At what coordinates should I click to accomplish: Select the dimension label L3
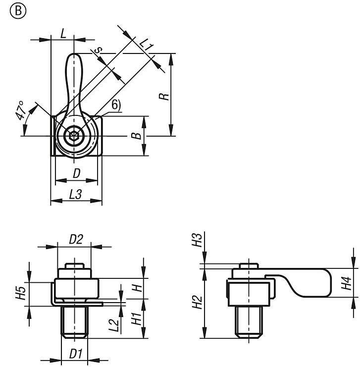pyautogui.click(x=75, y=195)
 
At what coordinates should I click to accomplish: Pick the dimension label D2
pyautogui.click(x=75, y=239)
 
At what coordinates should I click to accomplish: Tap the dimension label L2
pyautogui.click(x=114, y=324)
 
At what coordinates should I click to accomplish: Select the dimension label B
pyautogui.click(x=139, y=135)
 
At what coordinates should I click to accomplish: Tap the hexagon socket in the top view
pyautogui.click(x=73, y=135)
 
